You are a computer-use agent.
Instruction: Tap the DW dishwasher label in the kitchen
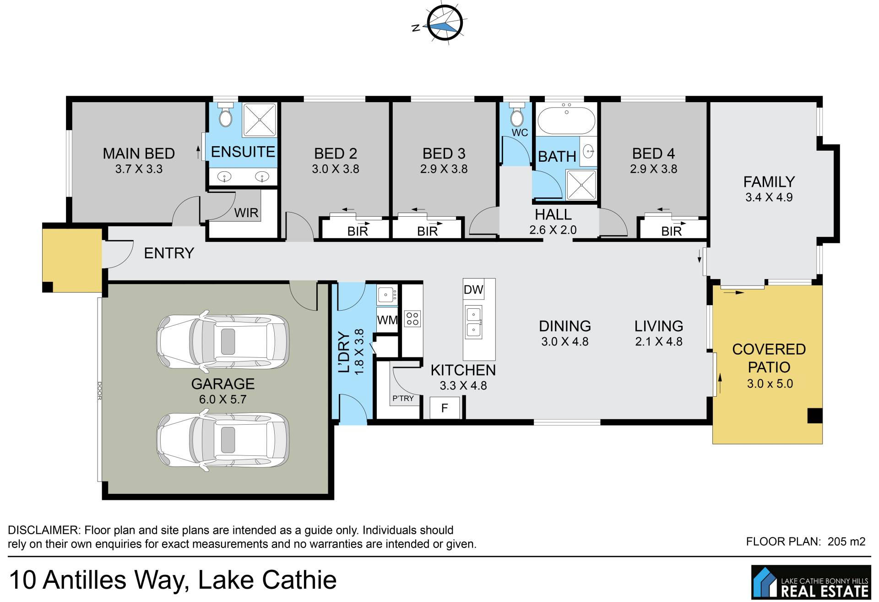point(473,290)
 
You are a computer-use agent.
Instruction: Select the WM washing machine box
point(387,319)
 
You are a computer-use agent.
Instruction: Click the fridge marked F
point(445,408)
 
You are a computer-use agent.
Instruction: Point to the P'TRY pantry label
point(403,399)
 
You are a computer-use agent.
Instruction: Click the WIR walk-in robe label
point(246,213)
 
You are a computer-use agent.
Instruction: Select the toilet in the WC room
point(517,116)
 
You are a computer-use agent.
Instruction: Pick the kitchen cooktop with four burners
point(412,319)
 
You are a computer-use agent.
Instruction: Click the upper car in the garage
point(223,342)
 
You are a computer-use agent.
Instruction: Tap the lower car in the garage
point(223,440)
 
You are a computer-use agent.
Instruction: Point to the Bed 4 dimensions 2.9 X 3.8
point(653,169)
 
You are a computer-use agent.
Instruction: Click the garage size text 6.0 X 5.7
point(222,400)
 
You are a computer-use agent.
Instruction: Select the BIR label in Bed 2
point(358,231)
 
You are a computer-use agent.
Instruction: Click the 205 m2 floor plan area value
point(846,542)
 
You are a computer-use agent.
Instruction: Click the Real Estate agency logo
point(811,582)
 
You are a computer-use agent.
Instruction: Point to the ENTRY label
point(169,253)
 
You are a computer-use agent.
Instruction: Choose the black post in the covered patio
point(815,416)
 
